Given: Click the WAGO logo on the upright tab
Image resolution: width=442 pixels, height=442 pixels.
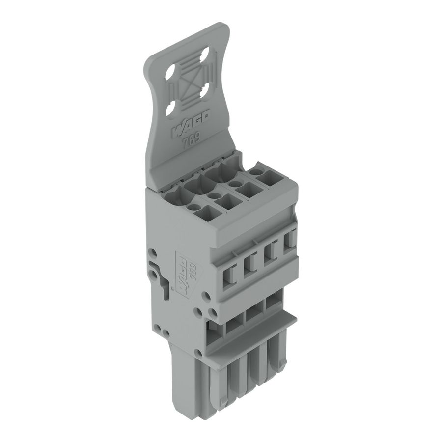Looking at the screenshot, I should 191,124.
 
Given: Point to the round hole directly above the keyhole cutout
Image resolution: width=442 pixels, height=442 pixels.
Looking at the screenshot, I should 153,253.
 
